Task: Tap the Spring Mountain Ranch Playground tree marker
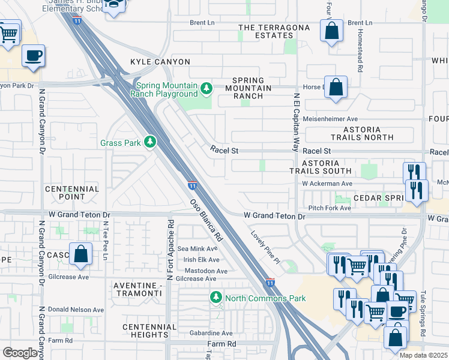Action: [206, 89]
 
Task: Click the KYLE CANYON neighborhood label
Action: [160, 62]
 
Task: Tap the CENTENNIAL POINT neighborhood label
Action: [72, 193]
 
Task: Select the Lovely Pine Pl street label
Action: [265, 247]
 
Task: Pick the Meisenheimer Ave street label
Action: [330, 119]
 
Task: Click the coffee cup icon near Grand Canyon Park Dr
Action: [33, 56]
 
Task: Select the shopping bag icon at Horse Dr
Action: [336, 87]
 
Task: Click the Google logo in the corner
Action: [20, 353]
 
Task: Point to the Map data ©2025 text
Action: [423, 355]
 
